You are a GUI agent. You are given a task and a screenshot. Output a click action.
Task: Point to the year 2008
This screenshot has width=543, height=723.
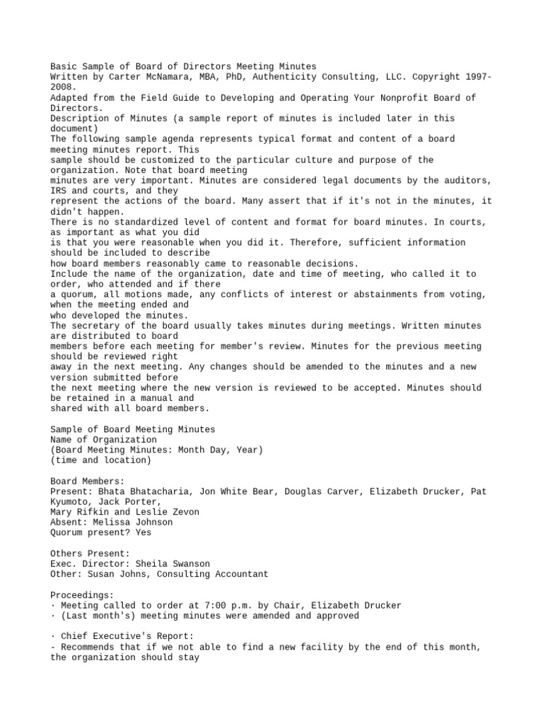(x=61, y=87)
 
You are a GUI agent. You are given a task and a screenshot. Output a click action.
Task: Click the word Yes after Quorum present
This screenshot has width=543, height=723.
(x=144, y=532)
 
